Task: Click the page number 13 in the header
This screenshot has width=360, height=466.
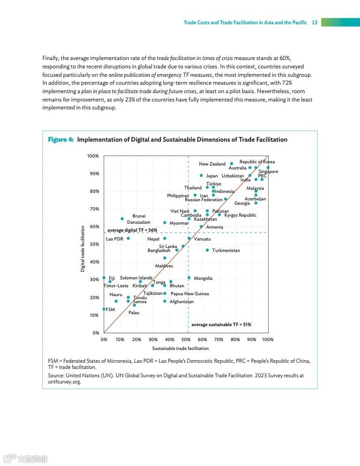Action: coord(315,23)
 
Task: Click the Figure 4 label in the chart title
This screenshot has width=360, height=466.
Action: coord(61,139)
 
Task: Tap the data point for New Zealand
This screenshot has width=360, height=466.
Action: coord(232,164)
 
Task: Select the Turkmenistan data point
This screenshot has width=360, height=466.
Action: coord(207,250)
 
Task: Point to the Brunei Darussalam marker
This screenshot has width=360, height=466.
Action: coord(122,218)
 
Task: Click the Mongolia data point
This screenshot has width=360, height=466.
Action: coord(189,278)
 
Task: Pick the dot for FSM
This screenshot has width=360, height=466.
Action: coord(104,309)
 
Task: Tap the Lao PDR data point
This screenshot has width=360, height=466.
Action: coord(128,238)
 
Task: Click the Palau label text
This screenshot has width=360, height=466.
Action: coord(134,312)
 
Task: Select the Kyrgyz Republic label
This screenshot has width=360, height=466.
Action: coord(240,215)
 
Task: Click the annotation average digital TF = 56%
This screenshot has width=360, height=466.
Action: coord(132,230)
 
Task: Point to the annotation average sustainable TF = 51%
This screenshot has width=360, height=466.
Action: coord(221,324)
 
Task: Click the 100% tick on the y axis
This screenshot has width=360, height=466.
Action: coord(93,156)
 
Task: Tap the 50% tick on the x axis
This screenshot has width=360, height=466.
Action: coord(186,339)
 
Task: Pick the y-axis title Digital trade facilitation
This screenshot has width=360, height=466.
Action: coord(82,249)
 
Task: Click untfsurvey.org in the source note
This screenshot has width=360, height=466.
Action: coord(64,382)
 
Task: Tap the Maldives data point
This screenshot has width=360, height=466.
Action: coord(165,258)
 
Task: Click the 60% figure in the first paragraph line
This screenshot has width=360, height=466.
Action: coord(285,58)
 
